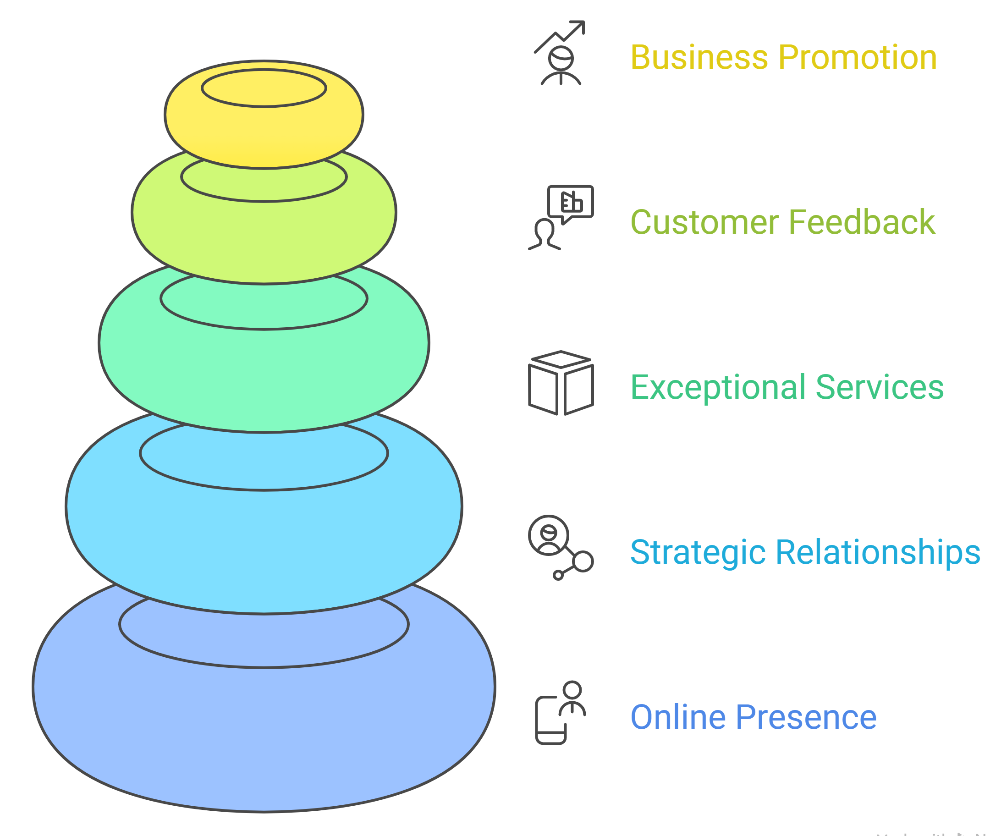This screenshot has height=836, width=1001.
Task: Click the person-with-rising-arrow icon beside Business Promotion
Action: point(561,53)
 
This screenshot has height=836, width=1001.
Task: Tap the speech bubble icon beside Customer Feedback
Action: point(570,203)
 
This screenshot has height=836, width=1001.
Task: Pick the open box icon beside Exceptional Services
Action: point(561,383)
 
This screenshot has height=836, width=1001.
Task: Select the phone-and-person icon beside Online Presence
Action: point(560,713)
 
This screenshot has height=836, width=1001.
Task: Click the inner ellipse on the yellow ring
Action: point(264,88)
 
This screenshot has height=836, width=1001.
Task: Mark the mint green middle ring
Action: point(264,372)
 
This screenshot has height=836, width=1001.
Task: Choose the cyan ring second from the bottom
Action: point(264,539)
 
